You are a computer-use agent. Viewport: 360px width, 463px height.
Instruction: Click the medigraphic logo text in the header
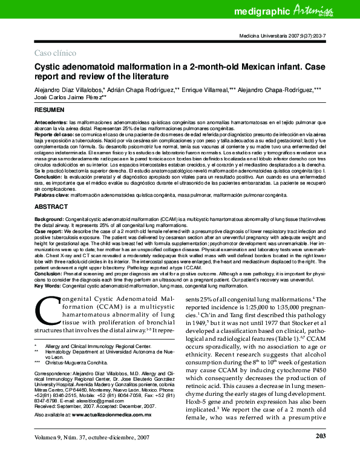(x=263, y=11)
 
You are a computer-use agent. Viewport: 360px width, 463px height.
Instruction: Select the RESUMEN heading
(x=49, y=112)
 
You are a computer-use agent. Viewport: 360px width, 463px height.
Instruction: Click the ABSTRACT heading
(x=50, y=206)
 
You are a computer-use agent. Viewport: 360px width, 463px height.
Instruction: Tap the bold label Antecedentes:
(x=51, y=122)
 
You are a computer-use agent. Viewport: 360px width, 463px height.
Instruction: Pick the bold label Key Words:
(x=48, y=286)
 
